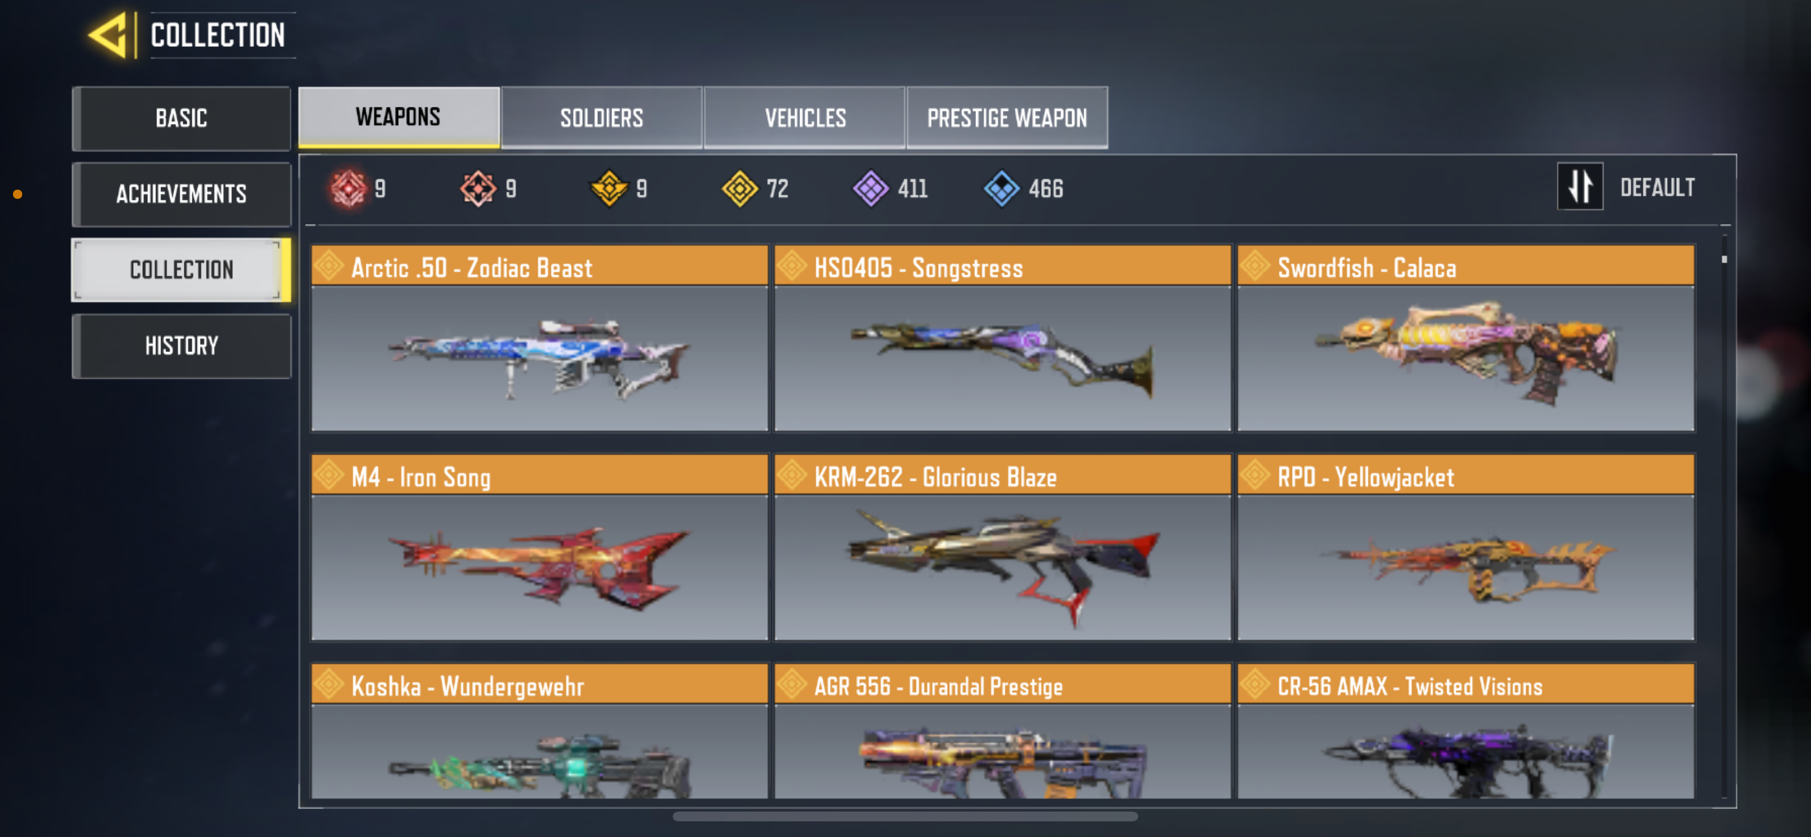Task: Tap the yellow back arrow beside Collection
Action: point(109,35)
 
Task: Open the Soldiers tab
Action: point(601,117)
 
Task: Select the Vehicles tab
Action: point(804,117)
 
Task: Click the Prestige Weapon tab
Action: point(1007,117)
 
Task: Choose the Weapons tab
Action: point(398,117)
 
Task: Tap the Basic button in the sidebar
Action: point(181,118)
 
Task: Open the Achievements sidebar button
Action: point(181,194)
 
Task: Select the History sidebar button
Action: point(181,345)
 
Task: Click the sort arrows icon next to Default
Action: point(1580,187)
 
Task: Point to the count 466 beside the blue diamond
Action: point(1046,188)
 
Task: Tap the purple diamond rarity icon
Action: point(870,188)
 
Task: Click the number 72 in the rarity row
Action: point(777,188)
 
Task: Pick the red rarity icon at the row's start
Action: point(349,188)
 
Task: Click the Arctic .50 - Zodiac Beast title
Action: point(471,268)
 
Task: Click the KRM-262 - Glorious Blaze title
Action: point(935,477)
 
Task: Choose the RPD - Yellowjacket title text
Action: point(1365,477)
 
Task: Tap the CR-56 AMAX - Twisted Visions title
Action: point(1409,686)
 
